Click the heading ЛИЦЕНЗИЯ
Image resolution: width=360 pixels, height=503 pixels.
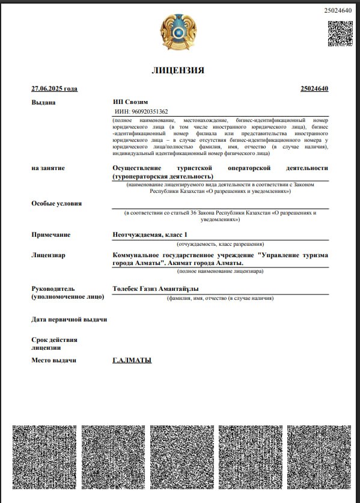pos(178,70)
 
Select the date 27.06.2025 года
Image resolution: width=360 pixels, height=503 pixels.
pos(54,89)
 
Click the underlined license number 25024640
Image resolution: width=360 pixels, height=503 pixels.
pos(314,89)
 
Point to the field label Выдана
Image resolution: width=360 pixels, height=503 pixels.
pos(43,102)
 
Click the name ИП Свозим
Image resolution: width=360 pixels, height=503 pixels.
pos(130,102)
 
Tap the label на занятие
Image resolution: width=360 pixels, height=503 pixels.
pos(48,168)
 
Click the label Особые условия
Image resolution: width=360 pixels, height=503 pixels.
pos(56,203)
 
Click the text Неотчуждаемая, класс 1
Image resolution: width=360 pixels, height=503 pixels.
pos(150,234)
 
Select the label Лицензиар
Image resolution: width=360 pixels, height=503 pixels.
pos(48,255)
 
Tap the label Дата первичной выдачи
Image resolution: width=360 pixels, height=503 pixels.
pos(69,319)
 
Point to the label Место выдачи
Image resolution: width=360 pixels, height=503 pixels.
pos(53,360)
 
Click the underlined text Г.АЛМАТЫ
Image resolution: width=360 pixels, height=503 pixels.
pos(132,360)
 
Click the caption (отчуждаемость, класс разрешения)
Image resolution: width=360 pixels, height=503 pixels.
pos(220,245)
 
